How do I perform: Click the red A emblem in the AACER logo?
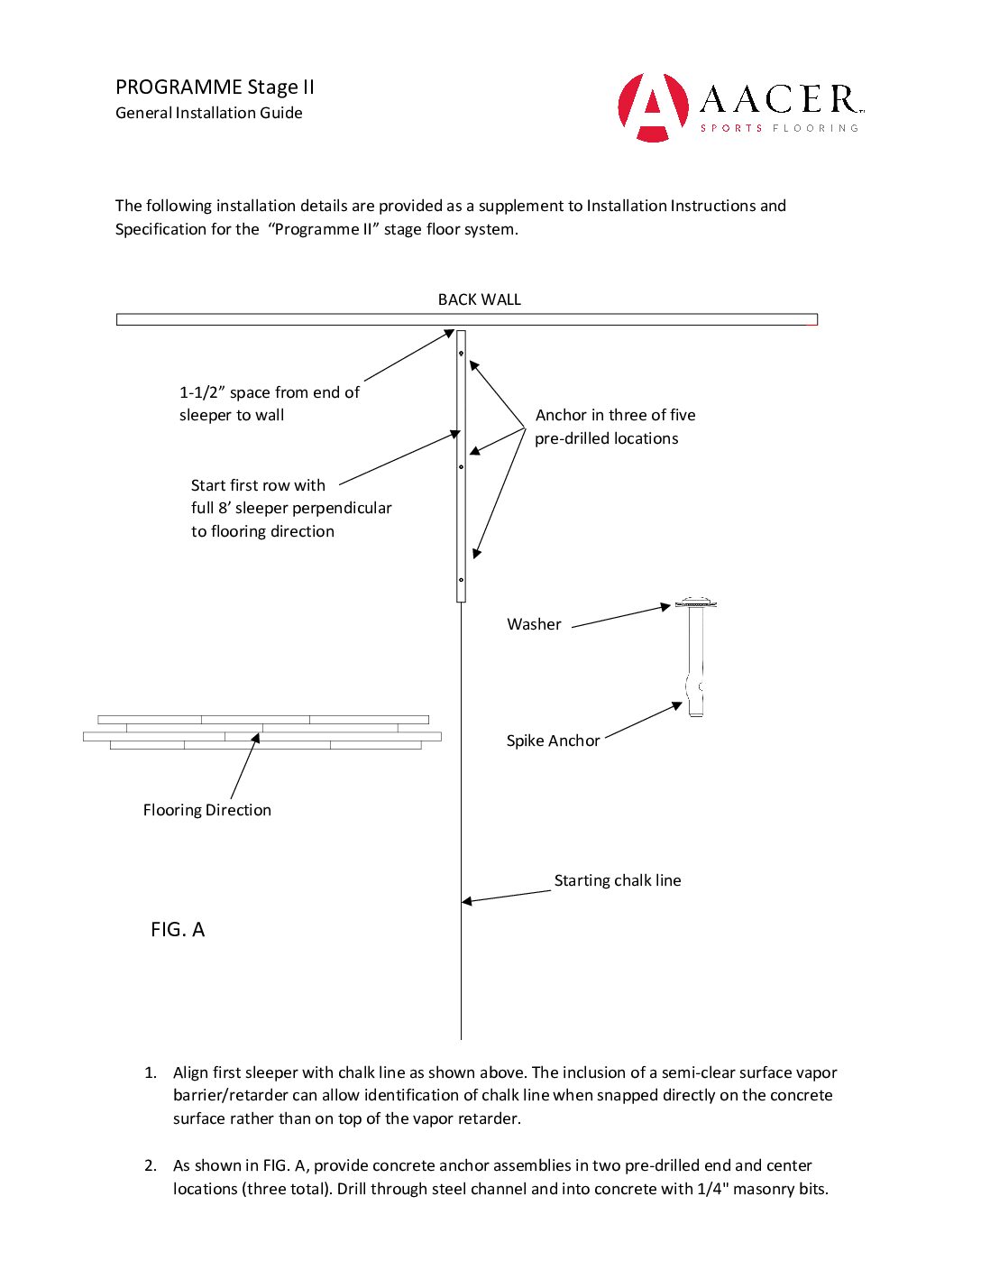tap(653, 107)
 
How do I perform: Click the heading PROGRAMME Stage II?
tap(215, 87)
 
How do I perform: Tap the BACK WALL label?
tap(479, 299)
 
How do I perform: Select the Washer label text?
tap(534, 624)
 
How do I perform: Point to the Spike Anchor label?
tap(553, 741)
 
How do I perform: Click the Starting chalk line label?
tap(618, 880)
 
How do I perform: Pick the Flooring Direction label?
tap(206, 810)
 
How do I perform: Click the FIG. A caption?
tap(178, 930)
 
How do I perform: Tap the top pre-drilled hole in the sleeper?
tap(461, 354)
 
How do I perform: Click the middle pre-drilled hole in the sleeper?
tap(461, 466)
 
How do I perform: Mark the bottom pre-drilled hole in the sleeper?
tap(461, 580)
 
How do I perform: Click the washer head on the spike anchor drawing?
tap(695, 603)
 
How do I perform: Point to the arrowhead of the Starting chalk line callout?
tap(465, 900)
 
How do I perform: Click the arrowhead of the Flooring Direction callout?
tap(256, 737)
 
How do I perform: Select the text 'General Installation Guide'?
tap(208, 113)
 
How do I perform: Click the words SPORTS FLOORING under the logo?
tap(779, 128)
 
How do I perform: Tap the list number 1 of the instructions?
tap(150, 1072)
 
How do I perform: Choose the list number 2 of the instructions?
tap(150, 1165)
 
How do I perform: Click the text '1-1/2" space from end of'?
tap(269, 392)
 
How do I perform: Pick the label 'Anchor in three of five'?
tap(615, 415)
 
